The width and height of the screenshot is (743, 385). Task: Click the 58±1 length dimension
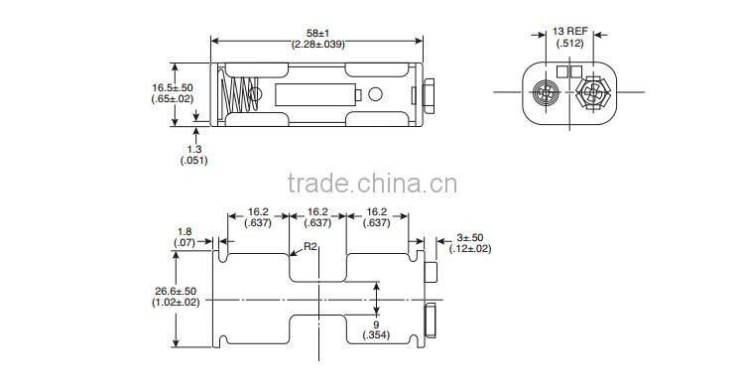[317, 32]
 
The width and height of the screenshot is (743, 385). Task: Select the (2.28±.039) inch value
[317, 45]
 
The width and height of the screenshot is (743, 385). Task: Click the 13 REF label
[570, 31]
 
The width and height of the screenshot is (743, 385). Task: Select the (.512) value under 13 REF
[570, 43]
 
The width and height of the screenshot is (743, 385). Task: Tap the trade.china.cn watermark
[371, 184]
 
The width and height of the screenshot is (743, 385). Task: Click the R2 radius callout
[310, 246]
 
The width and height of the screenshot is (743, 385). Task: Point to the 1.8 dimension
[185, 231]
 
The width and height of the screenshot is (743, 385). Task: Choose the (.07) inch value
[185, 243]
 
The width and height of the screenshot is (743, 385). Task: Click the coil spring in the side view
[237, 95]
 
